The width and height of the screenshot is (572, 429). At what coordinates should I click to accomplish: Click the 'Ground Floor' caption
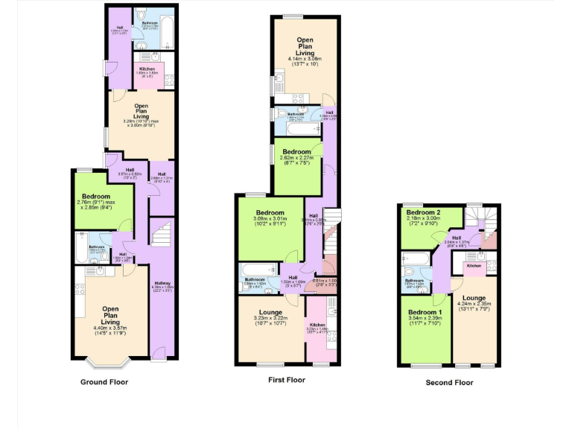click(104, 382)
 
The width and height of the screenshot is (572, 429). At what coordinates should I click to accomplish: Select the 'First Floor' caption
click(287, 380)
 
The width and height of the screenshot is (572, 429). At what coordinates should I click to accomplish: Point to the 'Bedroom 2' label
click(423, 213)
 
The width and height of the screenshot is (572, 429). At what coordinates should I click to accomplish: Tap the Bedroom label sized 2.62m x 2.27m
click(295, 151)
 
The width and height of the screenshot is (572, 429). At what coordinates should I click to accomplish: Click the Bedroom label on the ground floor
click(96, 197)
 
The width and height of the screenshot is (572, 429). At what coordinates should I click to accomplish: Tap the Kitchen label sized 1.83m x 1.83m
click(146, 69)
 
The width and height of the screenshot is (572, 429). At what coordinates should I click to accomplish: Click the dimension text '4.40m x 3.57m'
click(110, 328)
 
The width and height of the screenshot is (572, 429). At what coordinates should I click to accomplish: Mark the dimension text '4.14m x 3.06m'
click(304, 59)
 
